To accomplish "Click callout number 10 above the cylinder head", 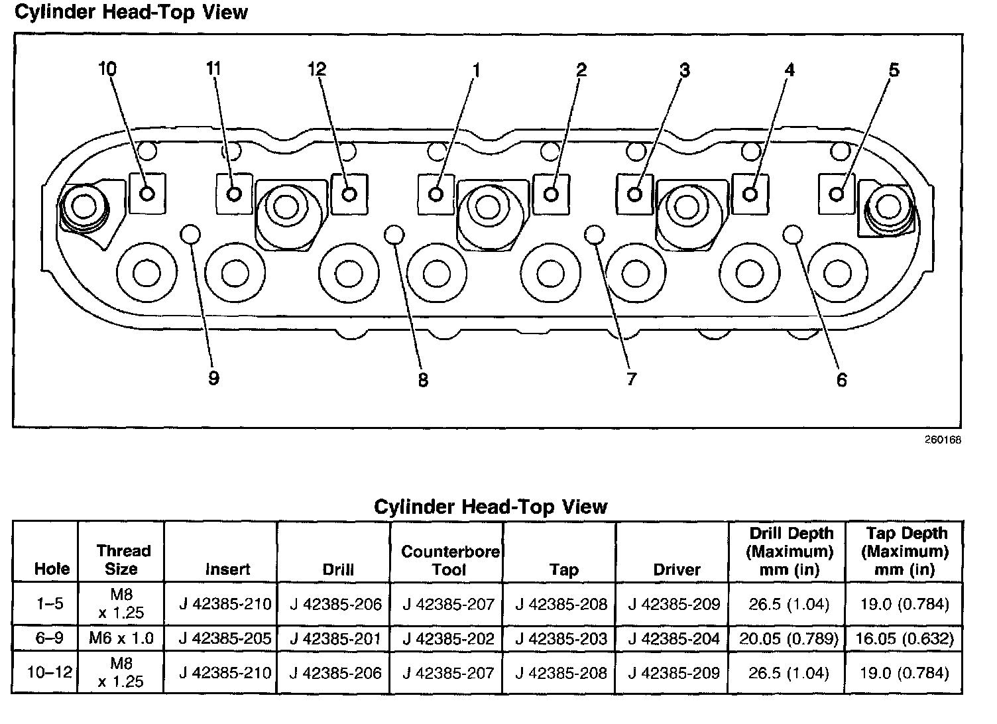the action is click(x=107, y=68).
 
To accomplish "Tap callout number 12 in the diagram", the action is click(x=317, y=68).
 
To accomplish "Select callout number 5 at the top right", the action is click(x=894, y=70).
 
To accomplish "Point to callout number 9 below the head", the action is click(x=213, y=378).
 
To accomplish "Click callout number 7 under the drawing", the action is click(x=631, y=379).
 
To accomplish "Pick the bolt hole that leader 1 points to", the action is click(x=436, y=194).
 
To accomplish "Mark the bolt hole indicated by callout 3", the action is click(x=634, y=194).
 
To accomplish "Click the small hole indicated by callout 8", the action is click(x=394, y=233).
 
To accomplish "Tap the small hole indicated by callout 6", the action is click(x=792, y=233).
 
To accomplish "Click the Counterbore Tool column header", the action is click(x=449, y=560).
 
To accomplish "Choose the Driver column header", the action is click(x=677, y=569).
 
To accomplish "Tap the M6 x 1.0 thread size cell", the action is click(x=121, y=638).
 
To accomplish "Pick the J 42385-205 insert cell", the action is click(x=225, y=638).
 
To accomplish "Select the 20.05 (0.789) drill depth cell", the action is click(x=787, y=638).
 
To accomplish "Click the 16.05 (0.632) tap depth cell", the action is click(x=904, y=638).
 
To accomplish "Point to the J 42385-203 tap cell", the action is click(x=561, y=638).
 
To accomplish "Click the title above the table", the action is click(x=491, y=507).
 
